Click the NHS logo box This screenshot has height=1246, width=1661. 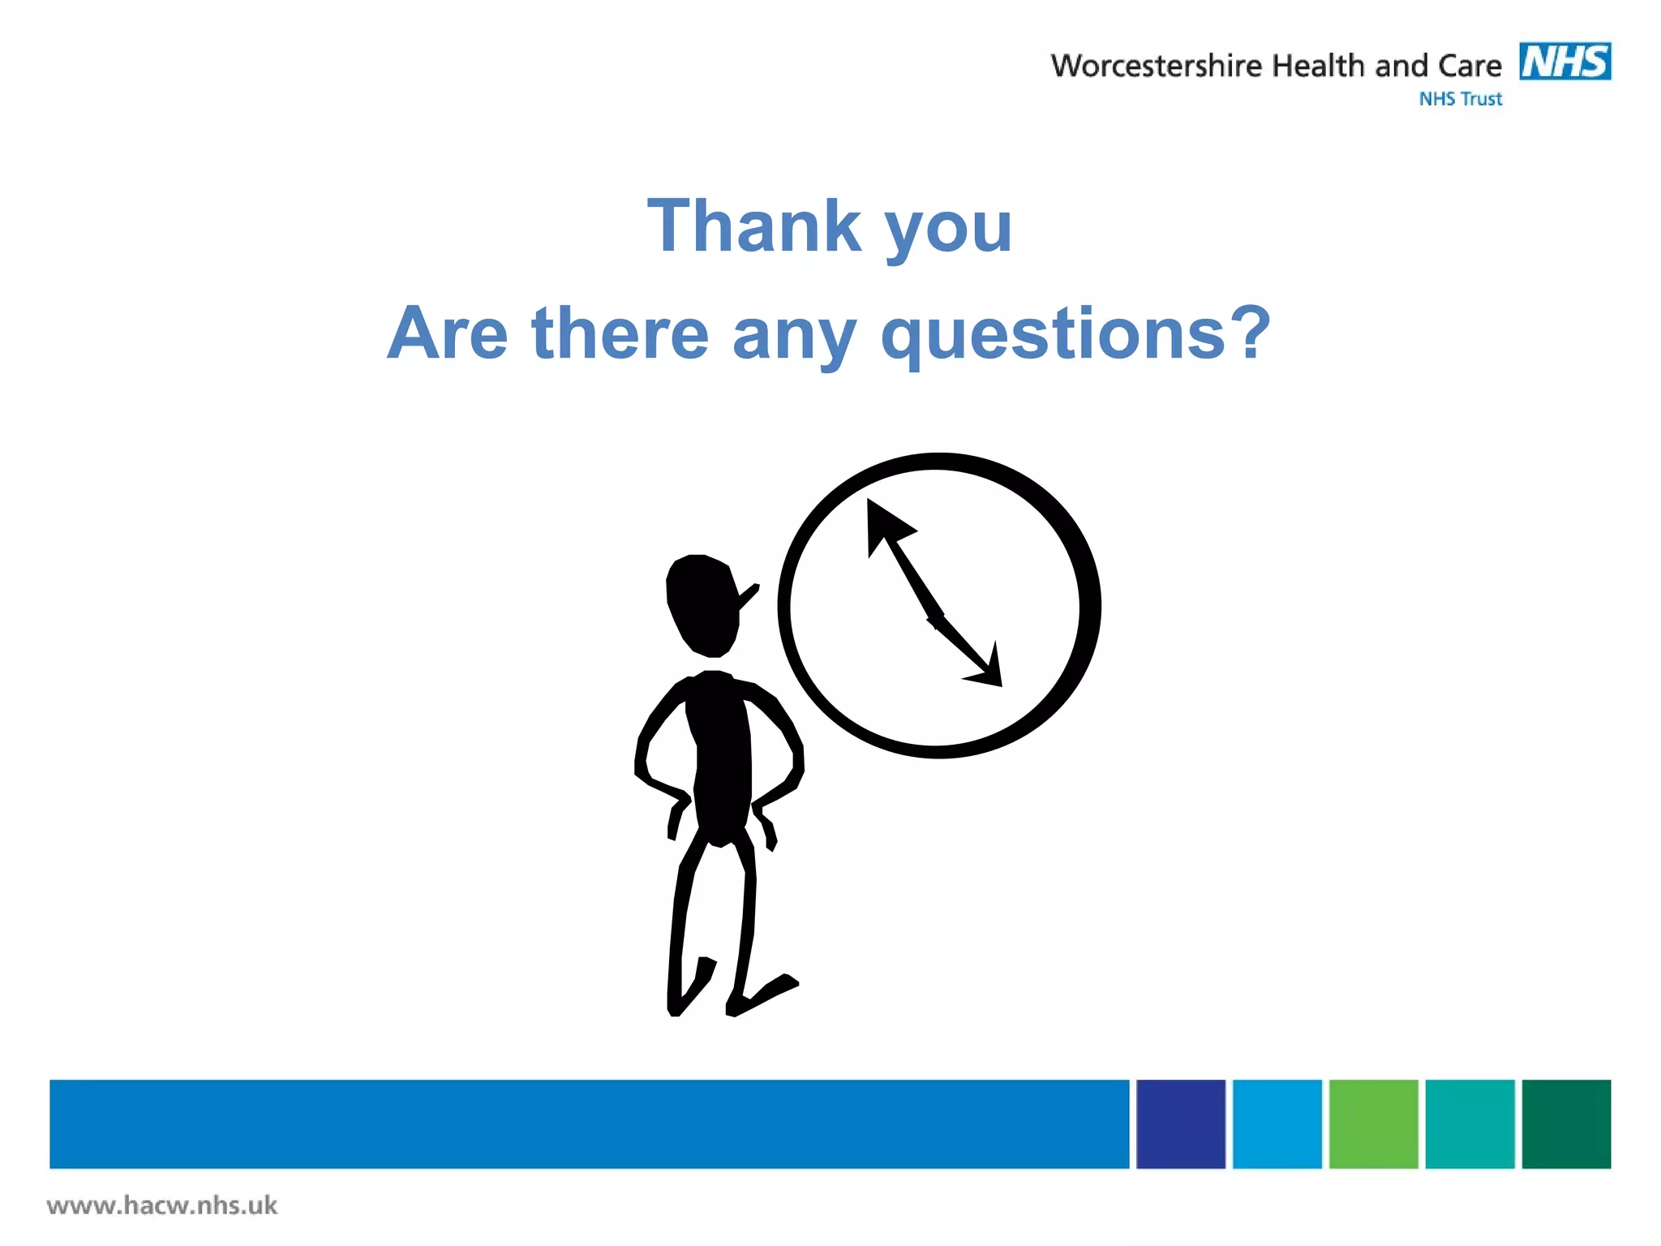pos(1564,62)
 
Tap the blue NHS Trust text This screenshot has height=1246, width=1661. pos(1460,99)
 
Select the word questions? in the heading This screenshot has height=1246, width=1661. pos(1075,333)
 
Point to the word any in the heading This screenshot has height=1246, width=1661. pos(794,335)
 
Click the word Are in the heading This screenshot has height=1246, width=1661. pos(447,333)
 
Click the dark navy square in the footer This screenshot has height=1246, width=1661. pos(1180,1124)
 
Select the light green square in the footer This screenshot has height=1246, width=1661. pos(1373,1124)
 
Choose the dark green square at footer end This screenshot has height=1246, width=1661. pos(1565,1124)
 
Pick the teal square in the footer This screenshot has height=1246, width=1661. pos(1469,1124)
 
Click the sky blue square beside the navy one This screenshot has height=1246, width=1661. pos(1277,1124)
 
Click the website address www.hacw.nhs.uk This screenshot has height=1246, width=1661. pos(162,1205)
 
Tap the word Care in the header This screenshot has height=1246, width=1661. pos(1470,66)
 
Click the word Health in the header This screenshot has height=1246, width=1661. pos(1318,66)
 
